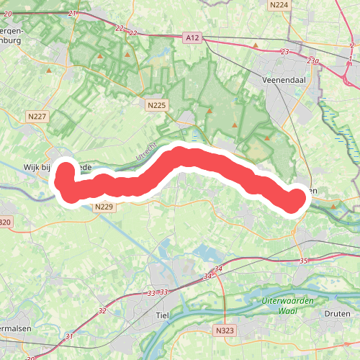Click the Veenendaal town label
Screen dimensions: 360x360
coord(285,79)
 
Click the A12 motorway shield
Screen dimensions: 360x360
coord(191,37)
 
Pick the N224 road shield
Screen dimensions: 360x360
coord(278,5)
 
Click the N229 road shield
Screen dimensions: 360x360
coord(104,207)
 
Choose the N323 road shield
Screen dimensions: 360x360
coord(225,329)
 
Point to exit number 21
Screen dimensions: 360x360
coord(71,14)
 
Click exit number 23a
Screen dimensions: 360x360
coord(312,61)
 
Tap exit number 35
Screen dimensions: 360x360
coord(303,261)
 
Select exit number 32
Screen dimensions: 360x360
coord(102,311)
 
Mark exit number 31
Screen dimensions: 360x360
coord(68,336)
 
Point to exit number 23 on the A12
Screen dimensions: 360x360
coord(285,52)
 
